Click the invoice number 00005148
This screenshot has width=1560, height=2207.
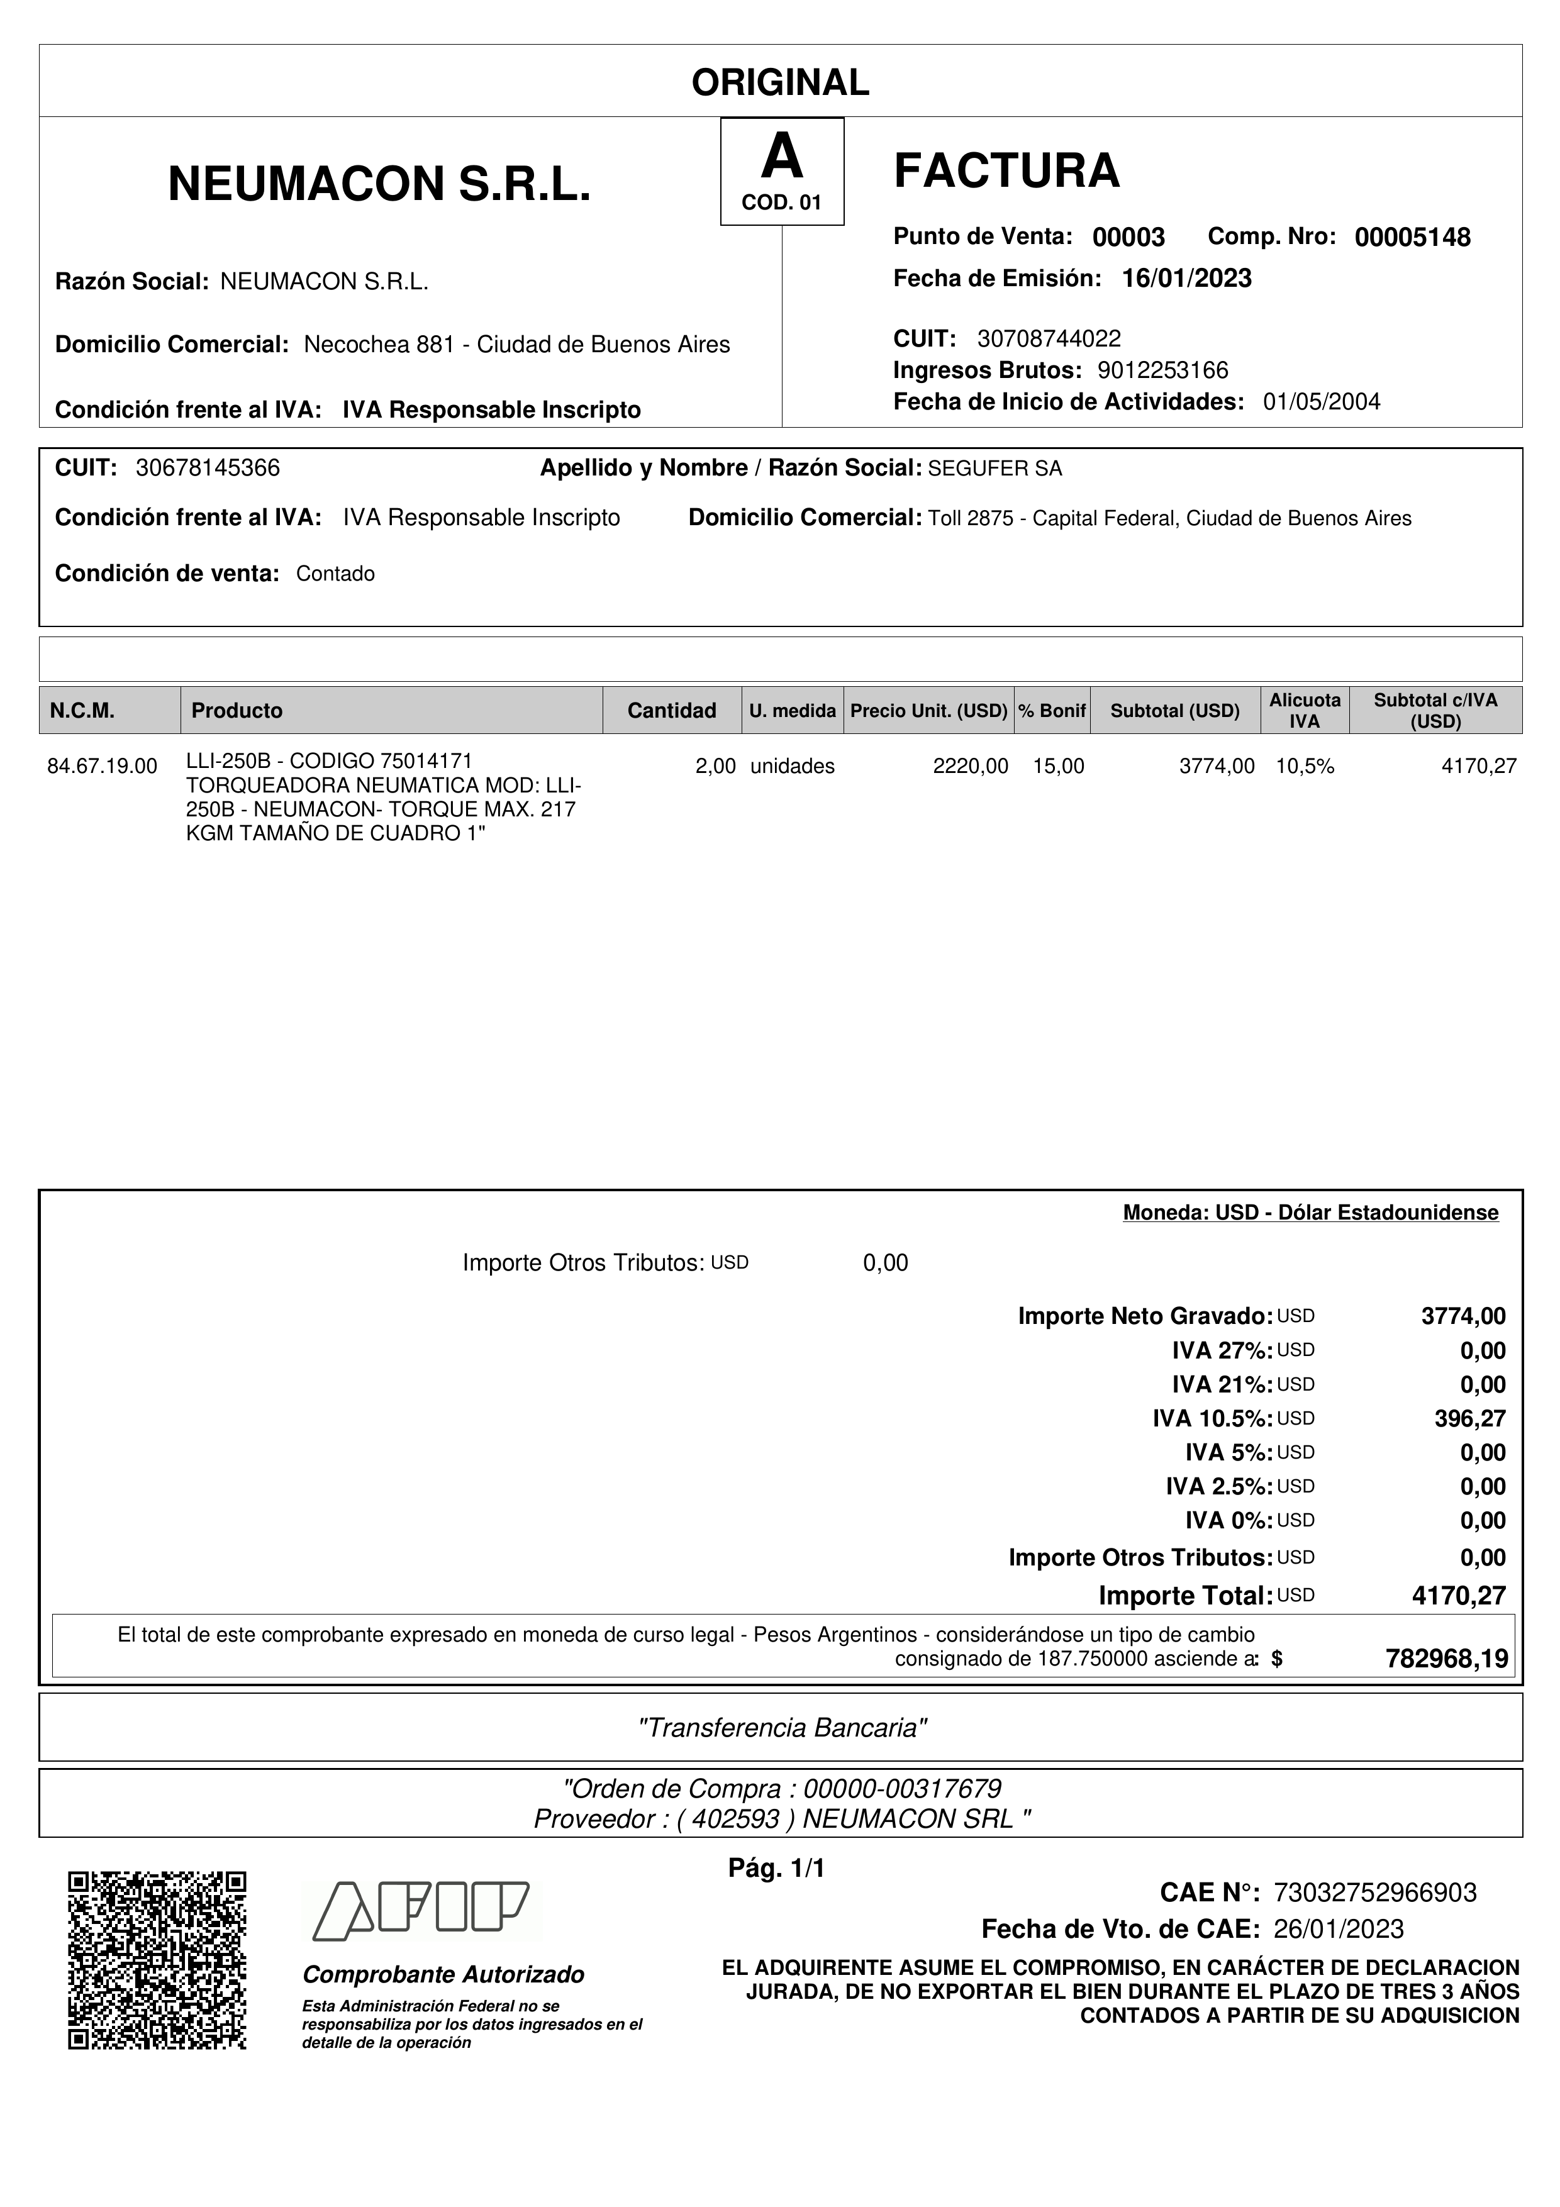pos(1412,237)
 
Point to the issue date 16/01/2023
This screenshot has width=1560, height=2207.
pos(1186,279)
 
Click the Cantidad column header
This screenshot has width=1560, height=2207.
pos(671,710)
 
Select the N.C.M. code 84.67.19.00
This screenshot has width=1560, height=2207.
pos(102,766)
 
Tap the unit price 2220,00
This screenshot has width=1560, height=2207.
pos(970,766)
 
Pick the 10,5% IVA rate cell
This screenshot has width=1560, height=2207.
pos(1305,766)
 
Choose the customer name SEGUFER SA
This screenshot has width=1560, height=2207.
pos(995,469)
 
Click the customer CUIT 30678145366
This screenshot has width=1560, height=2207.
pos(208,468)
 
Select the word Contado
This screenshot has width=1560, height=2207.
pos(335,574)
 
